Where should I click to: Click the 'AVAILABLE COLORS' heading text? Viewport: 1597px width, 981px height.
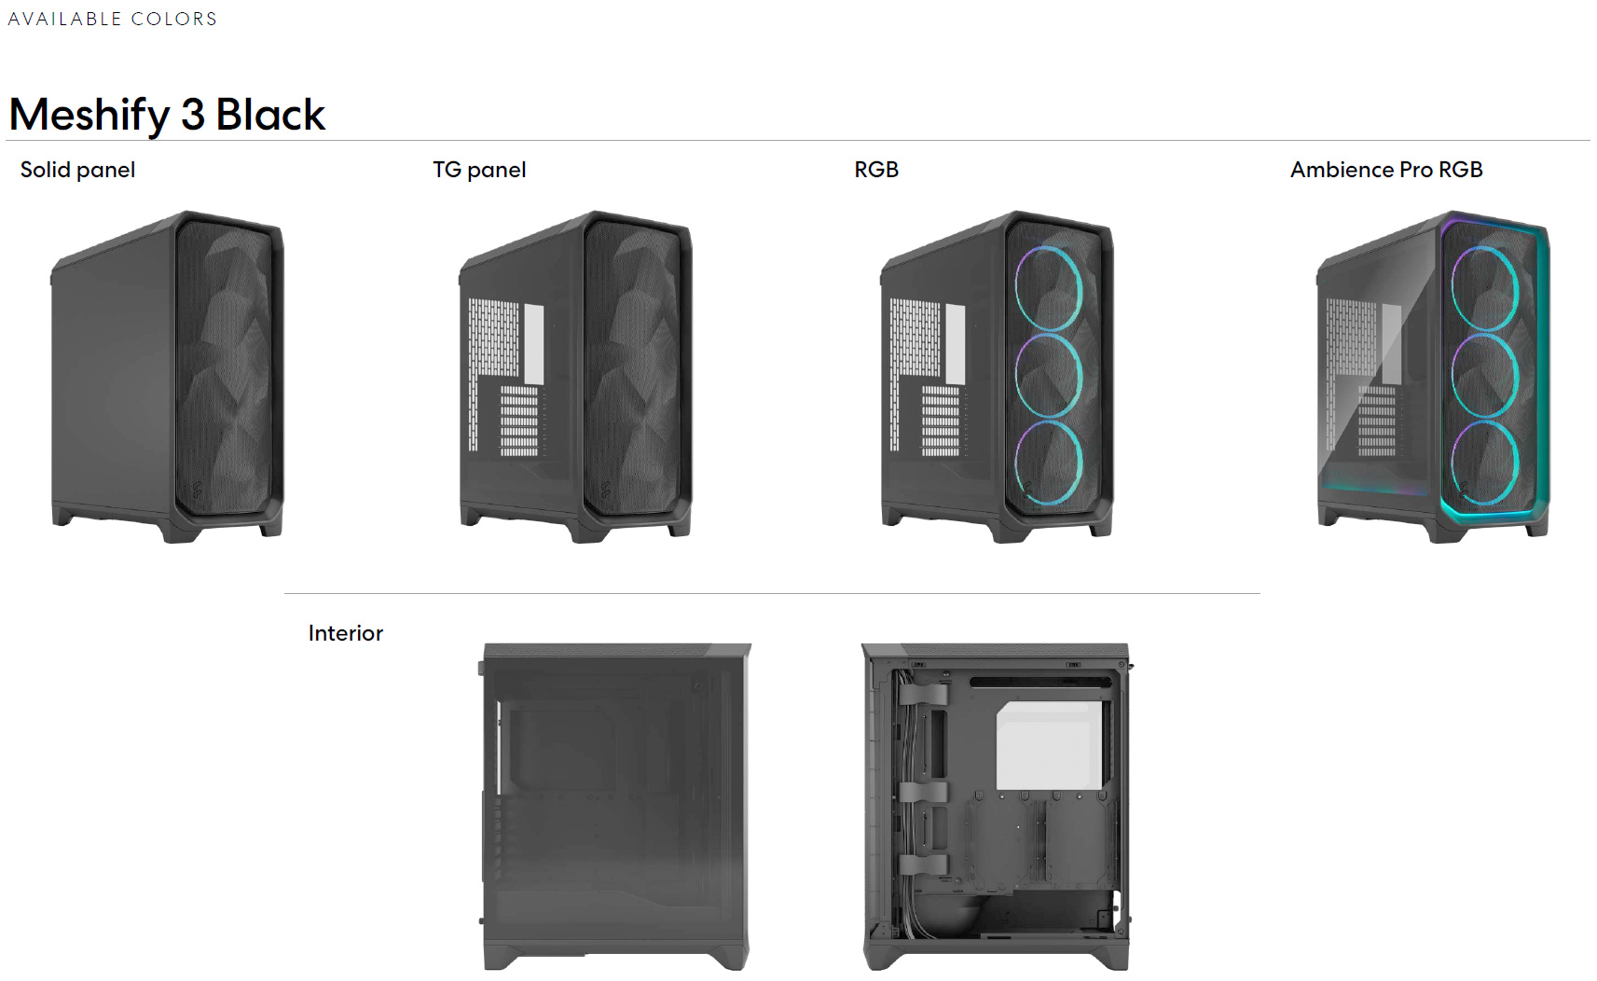point(112,19)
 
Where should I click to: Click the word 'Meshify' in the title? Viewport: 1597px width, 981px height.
point(89,115)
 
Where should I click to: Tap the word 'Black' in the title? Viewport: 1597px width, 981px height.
point(270,114)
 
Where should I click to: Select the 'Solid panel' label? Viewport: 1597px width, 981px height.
point(77,170)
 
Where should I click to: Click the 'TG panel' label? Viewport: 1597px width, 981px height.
point(479,170)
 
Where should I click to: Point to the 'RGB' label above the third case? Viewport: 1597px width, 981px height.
point(876,170)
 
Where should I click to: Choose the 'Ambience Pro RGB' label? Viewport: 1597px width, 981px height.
point(1386,170)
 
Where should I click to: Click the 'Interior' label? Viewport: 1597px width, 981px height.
point(346,633)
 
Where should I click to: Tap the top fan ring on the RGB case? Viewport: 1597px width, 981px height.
point(1016,289)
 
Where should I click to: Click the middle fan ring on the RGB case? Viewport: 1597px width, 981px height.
point(1016,376)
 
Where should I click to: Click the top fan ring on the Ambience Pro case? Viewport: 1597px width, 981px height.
point(1453,289)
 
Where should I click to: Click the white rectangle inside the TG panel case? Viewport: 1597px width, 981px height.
point(534,344)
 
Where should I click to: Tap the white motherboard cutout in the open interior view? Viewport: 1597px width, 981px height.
point(1049,745)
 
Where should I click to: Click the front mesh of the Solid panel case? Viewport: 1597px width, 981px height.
point(223,367)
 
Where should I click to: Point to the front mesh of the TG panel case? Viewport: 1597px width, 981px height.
point(632,367)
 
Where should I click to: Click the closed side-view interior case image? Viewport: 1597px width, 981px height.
point(616,807)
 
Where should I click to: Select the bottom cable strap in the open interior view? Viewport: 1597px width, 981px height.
point(923,864)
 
